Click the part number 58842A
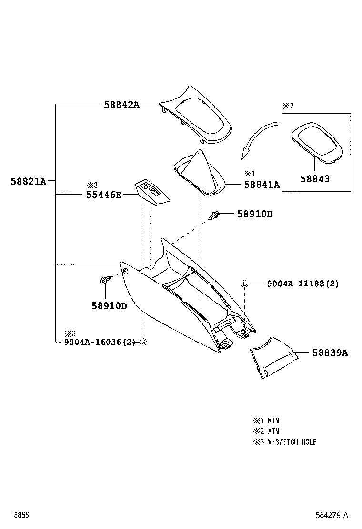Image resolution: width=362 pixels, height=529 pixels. tap(121, 105)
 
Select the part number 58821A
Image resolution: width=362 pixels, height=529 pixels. tap(28, 181)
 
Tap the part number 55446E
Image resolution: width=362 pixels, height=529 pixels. tap(104, 194)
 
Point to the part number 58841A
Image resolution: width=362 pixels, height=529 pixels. tap(261, 185)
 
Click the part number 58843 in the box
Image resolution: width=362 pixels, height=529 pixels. tap(314, 179)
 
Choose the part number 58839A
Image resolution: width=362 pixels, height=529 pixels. tap(330, 353)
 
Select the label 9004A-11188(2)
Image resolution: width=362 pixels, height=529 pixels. tap(302, 284)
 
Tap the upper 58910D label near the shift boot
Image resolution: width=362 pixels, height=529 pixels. tap(255, 214)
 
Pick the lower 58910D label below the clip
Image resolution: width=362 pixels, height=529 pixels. tap(109, 305)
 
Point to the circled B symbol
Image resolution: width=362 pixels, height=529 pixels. tap(244, 284)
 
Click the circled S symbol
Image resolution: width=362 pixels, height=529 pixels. tap(143, 342)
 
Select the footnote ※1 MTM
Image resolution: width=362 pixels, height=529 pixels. tap(266, 421)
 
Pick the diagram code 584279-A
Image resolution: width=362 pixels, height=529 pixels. tap(332, 515)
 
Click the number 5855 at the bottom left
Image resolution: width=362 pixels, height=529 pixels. tap(21, 515)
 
